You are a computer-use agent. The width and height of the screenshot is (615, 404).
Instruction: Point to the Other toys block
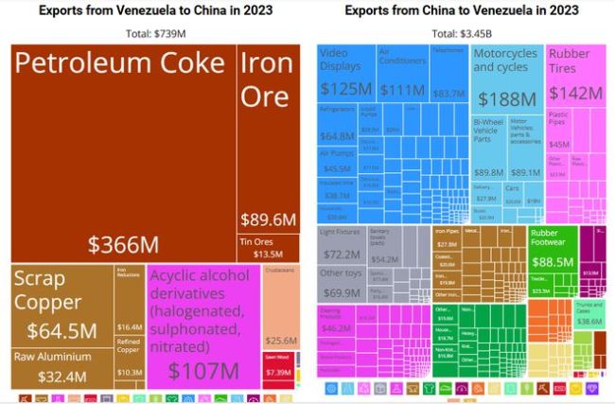coord(342,284)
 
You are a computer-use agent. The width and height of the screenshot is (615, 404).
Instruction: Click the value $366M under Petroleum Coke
coord(123,244)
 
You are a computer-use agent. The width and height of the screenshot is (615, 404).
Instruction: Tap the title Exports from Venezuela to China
coord(154,11)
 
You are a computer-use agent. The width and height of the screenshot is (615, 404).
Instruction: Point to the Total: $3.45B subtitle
coord(463,34)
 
